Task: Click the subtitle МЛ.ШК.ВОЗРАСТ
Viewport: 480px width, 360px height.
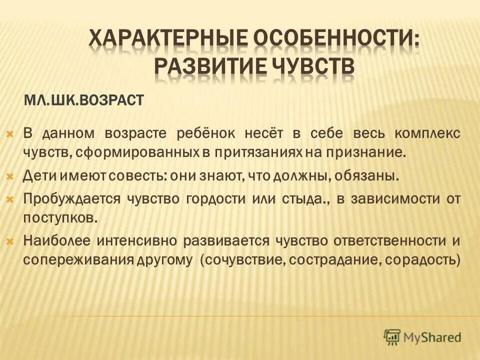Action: [83, 101]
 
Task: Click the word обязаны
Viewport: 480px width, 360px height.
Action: [372, 176]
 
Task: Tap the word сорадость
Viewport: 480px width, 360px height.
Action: [424, 260]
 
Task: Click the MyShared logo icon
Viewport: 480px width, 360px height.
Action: [392, 336]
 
